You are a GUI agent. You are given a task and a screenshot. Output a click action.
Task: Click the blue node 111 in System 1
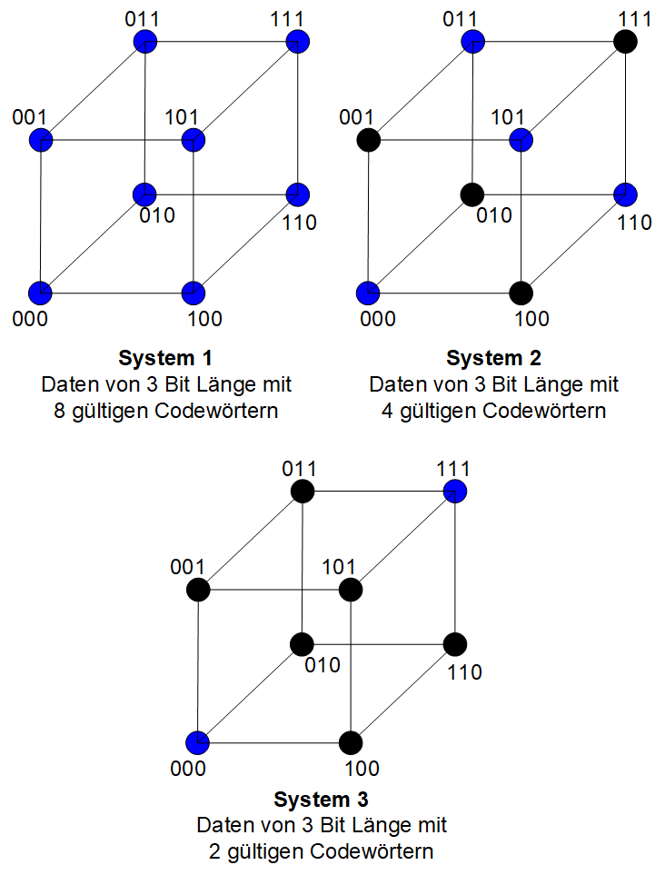pyautogui.click(x=297, y=42)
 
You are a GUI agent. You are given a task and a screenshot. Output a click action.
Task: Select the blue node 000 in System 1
pyautogui.click(x=41, y=293)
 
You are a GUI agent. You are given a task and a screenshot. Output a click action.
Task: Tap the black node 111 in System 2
pyautogui.click(x=625, y=42)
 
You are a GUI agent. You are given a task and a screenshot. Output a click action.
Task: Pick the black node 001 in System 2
pyautogui.click(x=368, y=140)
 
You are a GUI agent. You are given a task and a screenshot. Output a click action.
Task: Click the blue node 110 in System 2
pyautogui.click(x=625, y=194)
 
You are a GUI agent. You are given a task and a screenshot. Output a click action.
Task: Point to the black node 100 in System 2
pyautogui.click(x=521, y=293)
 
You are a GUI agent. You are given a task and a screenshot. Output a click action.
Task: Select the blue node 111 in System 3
pyautogui.click(x=454, y=492)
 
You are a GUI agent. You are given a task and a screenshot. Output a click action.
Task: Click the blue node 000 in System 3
pyautogui.click(x=197, y=742)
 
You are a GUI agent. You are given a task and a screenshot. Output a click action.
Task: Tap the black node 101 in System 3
pyautogui.click(x=351, y=590)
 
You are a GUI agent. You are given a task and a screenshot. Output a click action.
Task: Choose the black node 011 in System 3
pyautogui.click(x=302, y=492)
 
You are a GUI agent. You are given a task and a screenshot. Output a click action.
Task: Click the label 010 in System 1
pyautogui.click(x=157, y=215)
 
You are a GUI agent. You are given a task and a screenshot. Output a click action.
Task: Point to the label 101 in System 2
pyautogui.click(x=508, y=118)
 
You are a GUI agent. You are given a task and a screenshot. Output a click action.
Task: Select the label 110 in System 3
pyautogui.click(x=465, y=672)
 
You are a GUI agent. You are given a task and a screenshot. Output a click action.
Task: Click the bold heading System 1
pyautogui.click(x=165, y=358)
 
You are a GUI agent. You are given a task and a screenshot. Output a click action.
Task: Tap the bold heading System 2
pyautogui.click(x=493, y=358)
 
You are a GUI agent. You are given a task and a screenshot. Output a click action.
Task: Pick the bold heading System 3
pyautogui.click(x=321, y=800)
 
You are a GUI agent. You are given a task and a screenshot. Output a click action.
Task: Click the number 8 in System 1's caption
pyautogui.click(x=60, y=412)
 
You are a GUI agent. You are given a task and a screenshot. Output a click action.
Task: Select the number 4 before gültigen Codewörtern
pyautogui.click(x=388, y=412)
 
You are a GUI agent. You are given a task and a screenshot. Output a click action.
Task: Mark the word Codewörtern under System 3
pyautogui.click(x=372, y=851)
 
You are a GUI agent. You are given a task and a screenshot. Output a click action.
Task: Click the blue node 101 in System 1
pyautogui.click(x=193, y=140)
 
